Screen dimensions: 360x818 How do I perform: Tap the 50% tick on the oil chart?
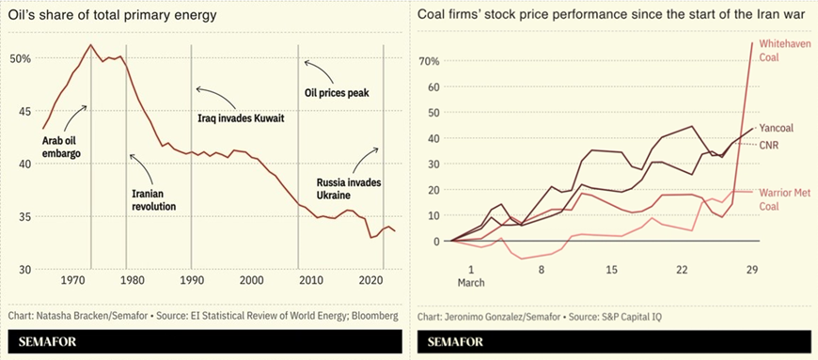pos(21,58)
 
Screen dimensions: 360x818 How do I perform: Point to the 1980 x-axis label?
pos(132,280)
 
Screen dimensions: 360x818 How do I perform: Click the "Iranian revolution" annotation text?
pos(154,199)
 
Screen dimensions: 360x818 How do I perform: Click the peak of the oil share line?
pos(90,45)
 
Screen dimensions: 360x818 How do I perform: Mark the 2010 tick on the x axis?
pos(308,280)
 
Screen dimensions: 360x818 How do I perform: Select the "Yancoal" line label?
pos(779,129)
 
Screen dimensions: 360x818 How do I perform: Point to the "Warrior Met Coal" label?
pos(783,199)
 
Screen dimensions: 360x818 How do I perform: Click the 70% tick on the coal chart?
pos(429,61)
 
